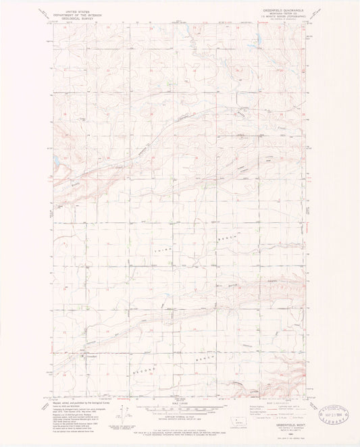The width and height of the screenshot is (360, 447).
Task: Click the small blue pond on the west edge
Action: click(56, 160)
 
